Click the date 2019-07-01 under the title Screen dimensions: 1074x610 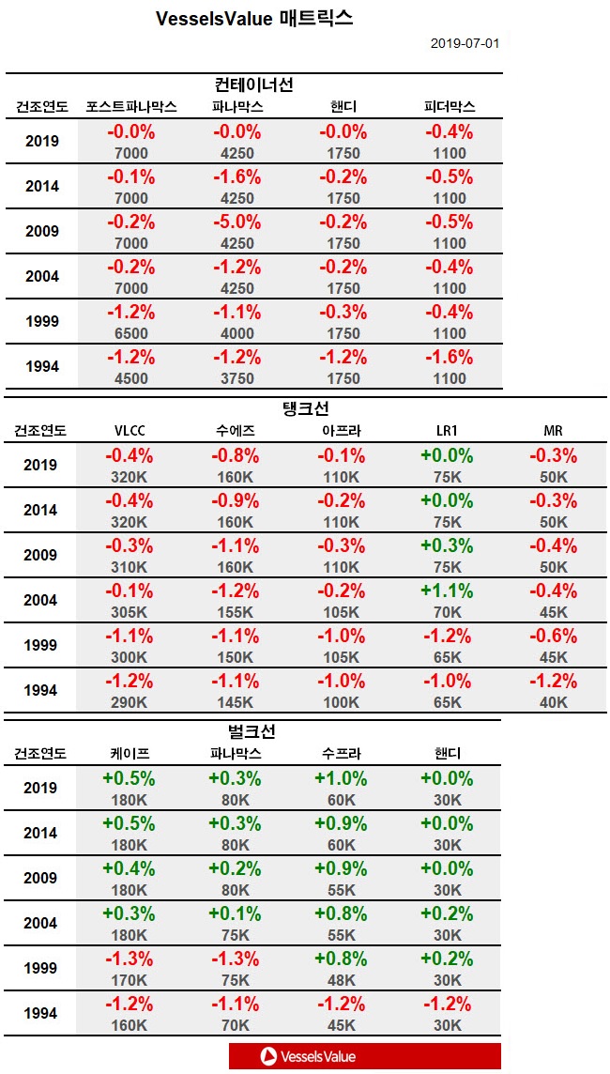tap(465, 44)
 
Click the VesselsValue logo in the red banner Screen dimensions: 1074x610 tap(310, 1056)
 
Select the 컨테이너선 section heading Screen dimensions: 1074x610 tap(254, 85)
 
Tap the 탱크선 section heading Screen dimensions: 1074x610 tap(306, 409)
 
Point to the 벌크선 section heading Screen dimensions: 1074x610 tap(252, 731)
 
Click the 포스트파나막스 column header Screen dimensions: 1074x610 tap(130, 107)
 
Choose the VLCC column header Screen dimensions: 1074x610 tap(130, 431)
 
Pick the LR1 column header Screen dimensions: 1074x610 tap(447, 431)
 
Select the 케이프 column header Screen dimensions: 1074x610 tap(130, 753)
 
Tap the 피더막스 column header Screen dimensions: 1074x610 tap(450, 107)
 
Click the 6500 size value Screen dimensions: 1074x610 tap(130, 333)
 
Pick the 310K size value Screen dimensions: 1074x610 tap(130, 567)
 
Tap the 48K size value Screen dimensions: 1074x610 tap(341, 980)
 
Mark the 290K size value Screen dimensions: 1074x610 tap(130, 702)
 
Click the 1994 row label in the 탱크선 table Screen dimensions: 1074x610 tap(40, 690)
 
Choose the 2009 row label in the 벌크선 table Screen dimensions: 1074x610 tap(40, 878)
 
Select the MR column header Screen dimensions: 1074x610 tap(553, 431)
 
